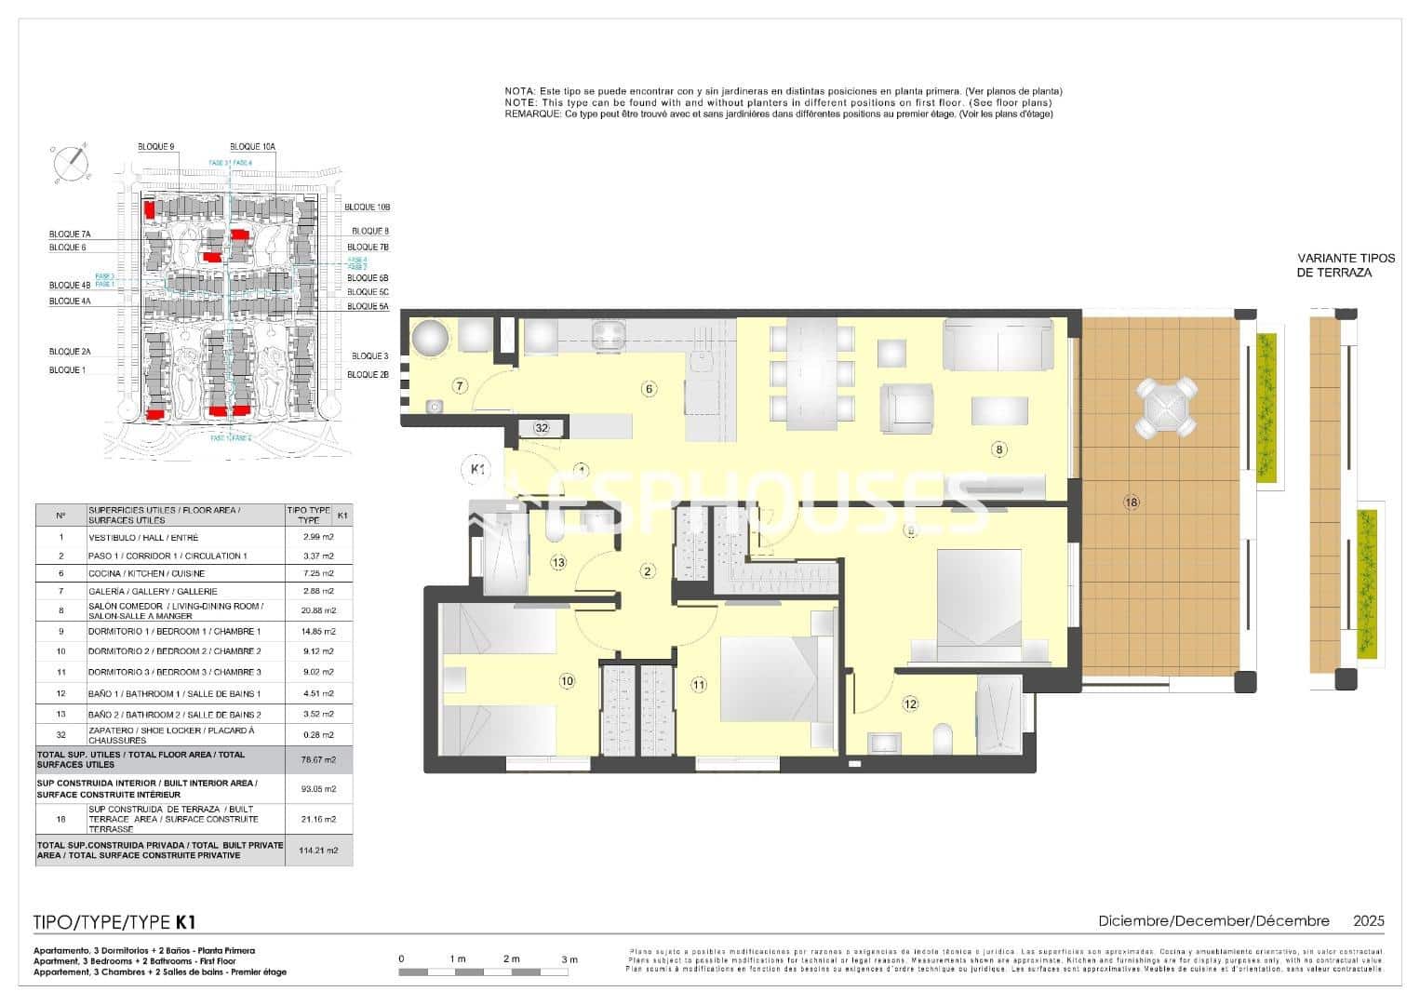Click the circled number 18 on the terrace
pos(1131,502)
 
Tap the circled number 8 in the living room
pos(999,449)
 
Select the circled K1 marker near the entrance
pos(476,470)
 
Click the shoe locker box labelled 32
pos(542,428)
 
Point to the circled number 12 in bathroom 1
pos(910,704)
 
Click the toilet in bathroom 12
pos(942,741)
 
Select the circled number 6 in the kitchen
pos(650,389)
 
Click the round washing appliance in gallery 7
pos(431,337)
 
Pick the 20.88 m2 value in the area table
pos(318,610)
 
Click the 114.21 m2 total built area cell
pos(318,851)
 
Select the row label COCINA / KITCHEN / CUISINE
pos(146,573)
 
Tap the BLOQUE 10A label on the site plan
pos(252,147)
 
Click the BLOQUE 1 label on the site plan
pos(66,370)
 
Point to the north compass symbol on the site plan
pos(71,165)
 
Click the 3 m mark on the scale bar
pos(569,959)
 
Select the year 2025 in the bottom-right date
pos(1368,921)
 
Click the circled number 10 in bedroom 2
pos(567,681)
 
